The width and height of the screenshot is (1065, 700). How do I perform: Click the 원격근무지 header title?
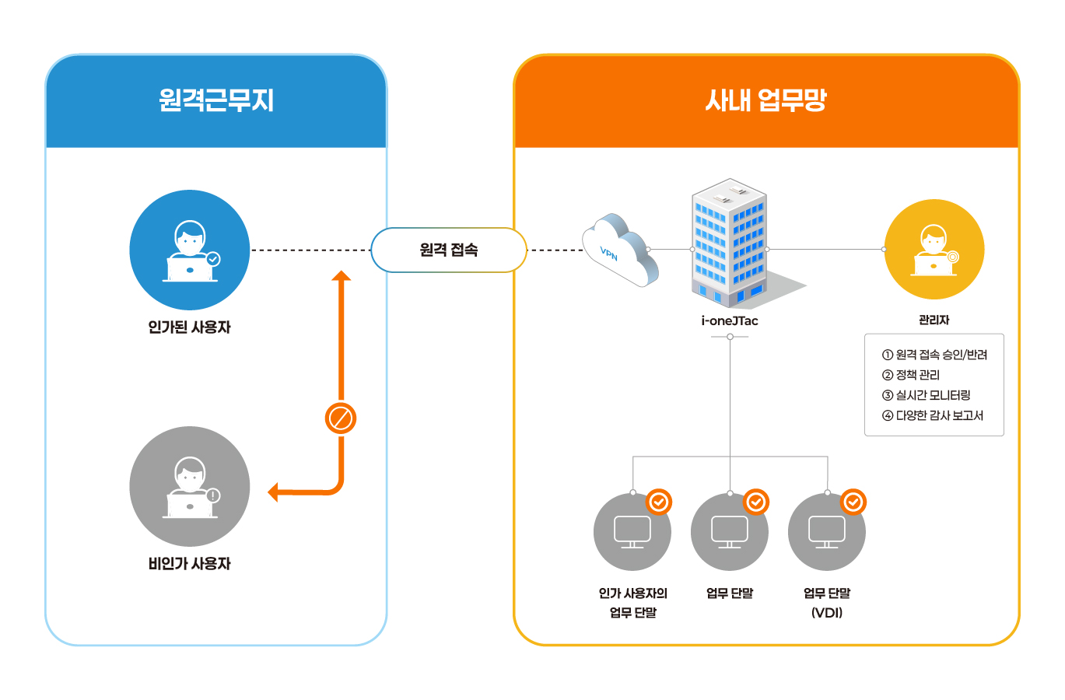coord(215,100)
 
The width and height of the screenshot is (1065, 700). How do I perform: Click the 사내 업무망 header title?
coord(765,100)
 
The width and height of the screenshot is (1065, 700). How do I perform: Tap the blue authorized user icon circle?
coord(189,250)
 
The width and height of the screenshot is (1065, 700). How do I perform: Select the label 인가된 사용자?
coord(189,327)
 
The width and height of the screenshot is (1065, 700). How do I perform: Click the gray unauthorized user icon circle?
coord(189,486)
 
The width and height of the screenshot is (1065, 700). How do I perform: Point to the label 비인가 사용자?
coord(189,564)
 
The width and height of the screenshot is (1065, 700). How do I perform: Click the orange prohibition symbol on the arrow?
coord(340,418)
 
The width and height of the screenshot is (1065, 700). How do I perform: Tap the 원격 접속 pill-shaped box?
coord(449,250)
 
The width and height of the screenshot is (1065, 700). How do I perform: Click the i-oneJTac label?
coord(730,320)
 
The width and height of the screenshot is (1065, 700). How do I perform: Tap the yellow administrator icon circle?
coord(934,250)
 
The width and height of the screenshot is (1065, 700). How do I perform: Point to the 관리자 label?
coord(934,320)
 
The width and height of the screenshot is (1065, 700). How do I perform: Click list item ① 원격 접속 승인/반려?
coord(934,355)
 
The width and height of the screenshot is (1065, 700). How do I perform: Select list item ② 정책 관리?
coord(911,375)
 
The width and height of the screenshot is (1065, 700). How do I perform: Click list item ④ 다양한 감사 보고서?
coord(933,415)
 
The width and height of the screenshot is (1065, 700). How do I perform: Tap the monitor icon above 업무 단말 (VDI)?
coord(827,532)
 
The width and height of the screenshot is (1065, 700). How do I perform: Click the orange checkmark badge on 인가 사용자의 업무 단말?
coord(658,502)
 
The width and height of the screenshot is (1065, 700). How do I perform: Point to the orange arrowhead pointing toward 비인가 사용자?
coord(273,492)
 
